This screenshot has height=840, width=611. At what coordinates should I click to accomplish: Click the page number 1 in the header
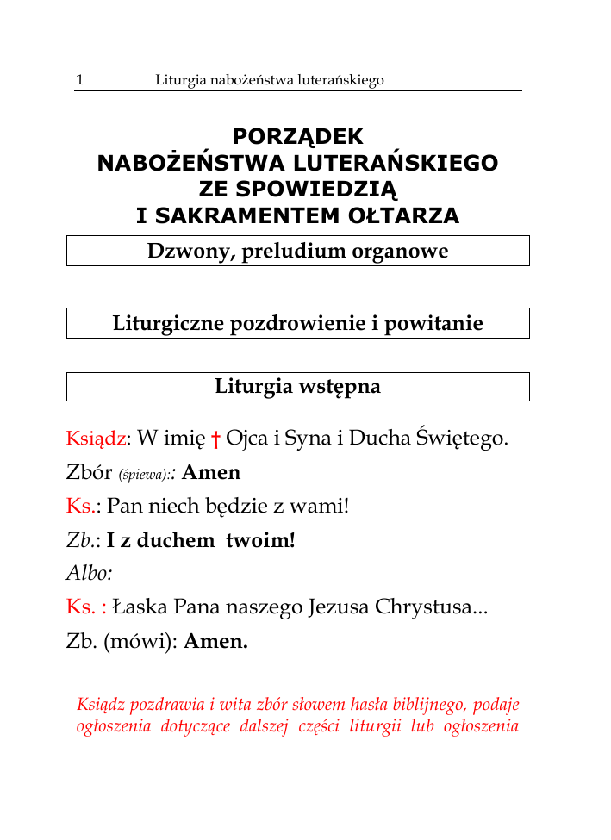tap(79, 80)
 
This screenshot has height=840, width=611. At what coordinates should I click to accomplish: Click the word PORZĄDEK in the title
tap(298, 137)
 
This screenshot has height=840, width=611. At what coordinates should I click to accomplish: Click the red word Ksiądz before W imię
tap(96, 439)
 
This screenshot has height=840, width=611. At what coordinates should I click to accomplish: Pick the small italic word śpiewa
tap(145, 474)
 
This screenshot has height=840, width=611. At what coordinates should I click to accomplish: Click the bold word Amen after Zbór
tap(212, 472)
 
